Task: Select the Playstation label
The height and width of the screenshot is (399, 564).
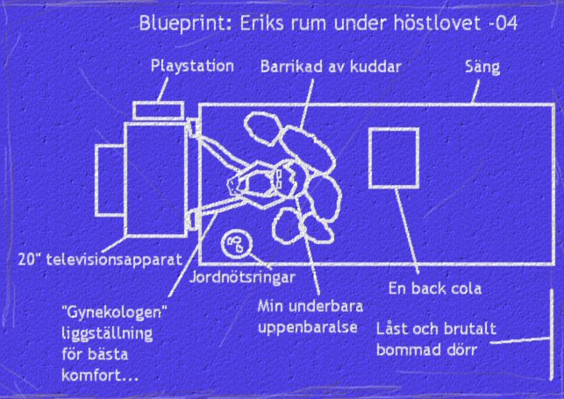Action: [x=192, y=67]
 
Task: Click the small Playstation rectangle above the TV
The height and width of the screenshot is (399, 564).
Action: [x=159, y=110]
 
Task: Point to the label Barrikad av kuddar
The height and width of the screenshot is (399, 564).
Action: [x=331, y=67]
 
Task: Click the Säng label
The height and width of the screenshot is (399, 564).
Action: [x=482, y=68]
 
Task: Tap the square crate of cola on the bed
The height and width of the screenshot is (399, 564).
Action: [x=394, y=158]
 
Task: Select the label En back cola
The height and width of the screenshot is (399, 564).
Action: [x=435, y=289]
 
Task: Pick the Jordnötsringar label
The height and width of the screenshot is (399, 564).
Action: [x=242, y=277]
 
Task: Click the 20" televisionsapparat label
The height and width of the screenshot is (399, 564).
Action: [x=100, y=260]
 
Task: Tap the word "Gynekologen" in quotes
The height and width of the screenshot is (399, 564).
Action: [x=114, y=313]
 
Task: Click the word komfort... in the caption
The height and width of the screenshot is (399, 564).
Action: [x=100, y=375]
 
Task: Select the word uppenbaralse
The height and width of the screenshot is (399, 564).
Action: [x=308, y=328]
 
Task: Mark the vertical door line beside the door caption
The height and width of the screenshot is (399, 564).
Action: [x=552, y=334]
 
